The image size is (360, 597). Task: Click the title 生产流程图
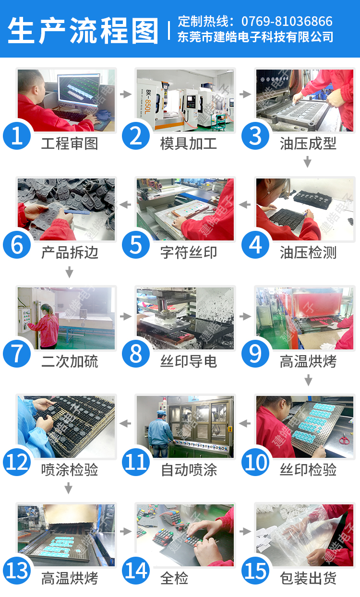coord(83,30)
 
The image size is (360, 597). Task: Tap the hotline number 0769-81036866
coord(287,21)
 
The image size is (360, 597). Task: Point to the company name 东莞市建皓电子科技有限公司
coord(255,37)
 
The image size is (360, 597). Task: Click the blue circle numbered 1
coord(17,136)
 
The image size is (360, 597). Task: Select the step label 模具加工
coord(189,143)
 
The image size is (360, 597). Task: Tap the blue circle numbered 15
coord(255,570)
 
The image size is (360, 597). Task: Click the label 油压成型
coord(308,143)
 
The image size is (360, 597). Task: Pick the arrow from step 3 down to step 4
coord(308,162)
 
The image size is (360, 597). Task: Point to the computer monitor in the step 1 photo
coord(79,89)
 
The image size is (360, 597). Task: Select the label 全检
coord(174,578)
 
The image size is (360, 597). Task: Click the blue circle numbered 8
coord(136,353)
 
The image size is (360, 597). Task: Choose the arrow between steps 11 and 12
coord(125,423)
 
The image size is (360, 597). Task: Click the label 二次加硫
coord(70,361)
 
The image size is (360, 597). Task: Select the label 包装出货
coord(308,578)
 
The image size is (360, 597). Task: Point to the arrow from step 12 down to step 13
coord(69,488)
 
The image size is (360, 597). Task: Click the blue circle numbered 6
coord(17,245)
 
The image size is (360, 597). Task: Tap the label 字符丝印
coord(189,252)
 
